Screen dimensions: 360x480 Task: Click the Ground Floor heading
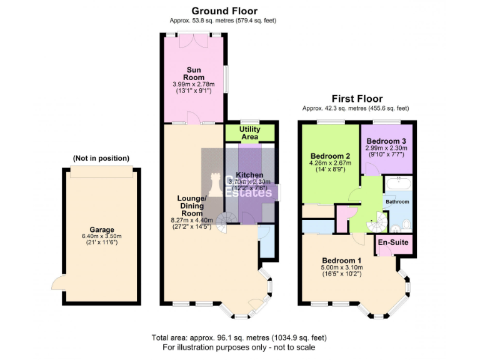[x=224, y=11]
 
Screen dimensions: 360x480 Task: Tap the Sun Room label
[x=193, y=73]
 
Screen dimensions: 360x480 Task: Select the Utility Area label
[x=250, y=132]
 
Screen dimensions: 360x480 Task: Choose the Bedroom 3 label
[x=386, y=141]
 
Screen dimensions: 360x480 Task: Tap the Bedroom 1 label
[x=342, y=260]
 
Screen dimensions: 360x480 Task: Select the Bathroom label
[x=397, y=202]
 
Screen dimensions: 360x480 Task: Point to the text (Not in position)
[x=101, y=158]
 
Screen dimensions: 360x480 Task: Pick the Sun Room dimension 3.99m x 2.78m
[x=193, y=84]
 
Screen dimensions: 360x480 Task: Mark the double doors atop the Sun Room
[x=193, y=40]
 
